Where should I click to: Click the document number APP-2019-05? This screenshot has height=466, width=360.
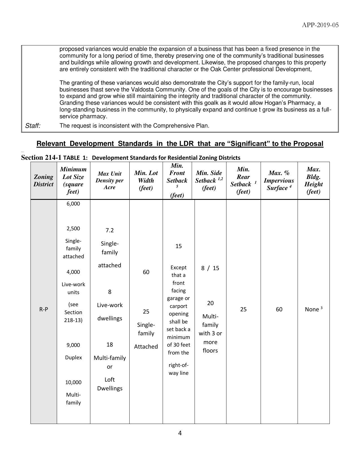[320, 25]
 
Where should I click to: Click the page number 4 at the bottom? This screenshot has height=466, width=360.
[180, 433]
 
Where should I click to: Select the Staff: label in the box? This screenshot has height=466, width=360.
[33, 126]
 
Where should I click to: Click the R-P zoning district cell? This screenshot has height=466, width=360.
[43, 309]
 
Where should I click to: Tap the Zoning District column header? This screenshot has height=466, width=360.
[43, 181]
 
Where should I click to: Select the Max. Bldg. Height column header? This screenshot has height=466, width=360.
[313, 181]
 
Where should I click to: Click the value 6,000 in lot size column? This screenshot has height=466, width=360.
[73, 204]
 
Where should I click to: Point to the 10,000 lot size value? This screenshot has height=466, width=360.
[73, 382]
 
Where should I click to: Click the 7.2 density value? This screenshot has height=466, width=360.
[110, 230]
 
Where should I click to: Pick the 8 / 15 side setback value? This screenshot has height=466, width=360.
[210, 268]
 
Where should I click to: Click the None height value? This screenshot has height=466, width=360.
[312, 309]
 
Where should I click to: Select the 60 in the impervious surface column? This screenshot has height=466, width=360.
[279, 309]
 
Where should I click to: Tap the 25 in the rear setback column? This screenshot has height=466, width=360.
[243, 309]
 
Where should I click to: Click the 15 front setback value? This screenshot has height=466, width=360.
[178, 246]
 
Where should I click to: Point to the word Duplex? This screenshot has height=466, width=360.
[73, 358]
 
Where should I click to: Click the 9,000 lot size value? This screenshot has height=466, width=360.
[73, 345]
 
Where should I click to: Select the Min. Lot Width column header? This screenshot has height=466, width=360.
[146, 181]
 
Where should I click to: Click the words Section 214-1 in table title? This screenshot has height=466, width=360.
[41, 157]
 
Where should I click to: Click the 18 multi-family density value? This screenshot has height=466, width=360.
[110, 345]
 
